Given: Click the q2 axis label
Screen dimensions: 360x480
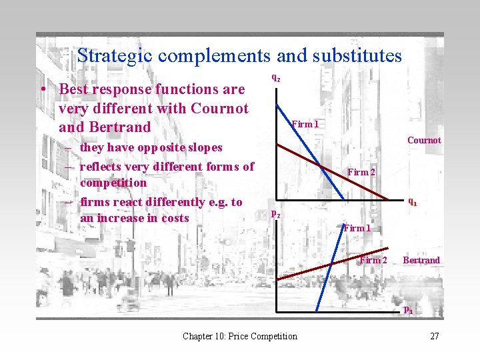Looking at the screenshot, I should coord(275,77).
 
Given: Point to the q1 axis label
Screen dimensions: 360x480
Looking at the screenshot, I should coord(413,201).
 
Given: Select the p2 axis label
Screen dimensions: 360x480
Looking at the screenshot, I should coord(275,213).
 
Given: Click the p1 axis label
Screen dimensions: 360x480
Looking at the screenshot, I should coord(409,309).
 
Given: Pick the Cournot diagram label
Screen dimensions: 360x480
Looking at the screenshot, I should coord(424,140).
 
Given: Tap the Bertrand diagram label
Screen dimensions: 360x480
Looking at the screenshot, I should coord(421,260).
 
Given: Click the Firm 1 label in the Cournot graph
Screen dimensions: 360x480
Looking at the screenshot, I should coord(305,124).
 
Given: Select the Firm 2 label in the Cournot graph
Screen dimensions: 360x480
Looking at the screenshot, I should coord(362,172).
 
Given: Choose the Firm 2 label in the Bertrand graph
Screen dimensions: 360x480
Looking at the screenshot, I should coord(373,260).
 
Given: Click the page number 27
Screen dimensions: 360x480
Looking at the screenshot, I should coord(435,336).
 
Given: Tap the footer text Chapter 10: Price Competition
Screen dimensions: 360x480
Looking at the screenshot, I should coord(240,336).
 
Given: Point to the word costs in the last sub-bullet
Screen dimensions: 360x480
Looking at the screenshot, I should coord(174,218).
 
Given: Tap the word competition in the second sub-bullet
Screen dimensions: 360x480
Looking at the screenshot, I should coord(113,183).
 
